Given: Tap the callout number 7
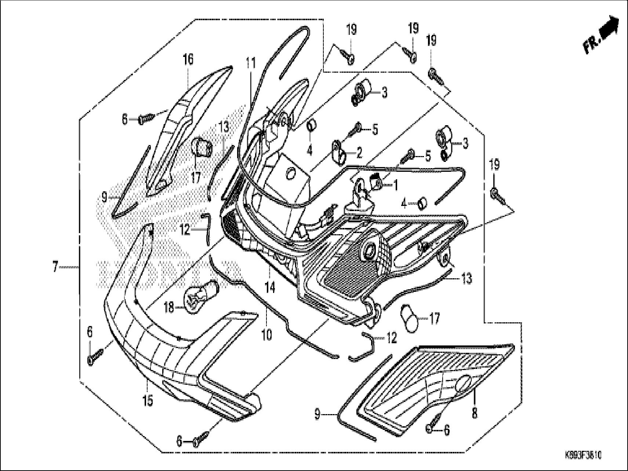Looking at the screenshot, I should pyautogui.click(x=55, y=267).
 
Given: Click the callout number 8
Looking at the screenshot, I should pyautogui.click(x=474, y=414).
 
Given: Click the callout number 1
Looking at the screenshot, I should pyautogui.click(x=395, y=185).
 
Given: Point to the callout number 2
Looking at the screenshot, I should pyautogui.click(x=359, y=153).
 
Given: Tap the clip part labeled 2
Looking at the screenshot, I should pyautogui.click(x=340, y=151).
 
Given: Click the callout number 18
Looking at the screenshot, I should pyautogui.click(x=169, y=307).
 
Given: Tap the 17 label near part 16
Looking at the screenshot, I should pyautogui.click(x=196, y=178).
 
